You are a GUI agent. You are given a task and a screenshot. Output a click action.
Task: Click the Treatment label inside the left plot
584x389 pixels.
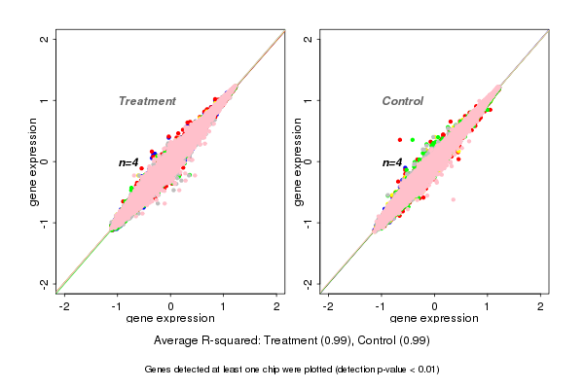point(147,101)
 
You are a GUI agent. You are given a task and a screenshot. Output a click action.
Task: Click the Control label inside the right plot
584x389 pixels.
point(402,101)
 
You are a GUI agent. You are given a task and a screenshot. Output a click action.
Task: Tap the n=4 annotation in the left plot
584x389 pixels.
point(128,162)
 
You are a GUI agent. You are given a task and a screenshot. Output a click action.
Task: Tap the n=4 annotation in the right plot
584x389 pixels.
point(391,162)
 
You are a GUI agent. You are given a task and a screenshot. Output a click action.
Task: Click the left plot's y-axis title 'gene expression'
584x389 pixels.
point(35,161)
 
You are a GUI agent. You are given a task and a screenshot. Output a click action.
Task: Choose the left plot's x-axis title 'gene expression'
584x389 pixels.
point(170,319)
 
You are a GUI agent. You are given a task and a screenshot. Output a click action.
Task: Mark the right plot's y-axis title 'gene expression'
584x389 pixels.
point(298,161)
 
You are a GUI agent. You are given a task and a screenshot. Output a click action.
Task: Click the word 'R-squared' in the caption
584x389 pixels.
point(229,341)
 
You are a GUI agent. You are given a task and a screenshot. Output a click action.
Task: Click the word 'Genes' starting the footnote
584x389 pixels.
point(159,370)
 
